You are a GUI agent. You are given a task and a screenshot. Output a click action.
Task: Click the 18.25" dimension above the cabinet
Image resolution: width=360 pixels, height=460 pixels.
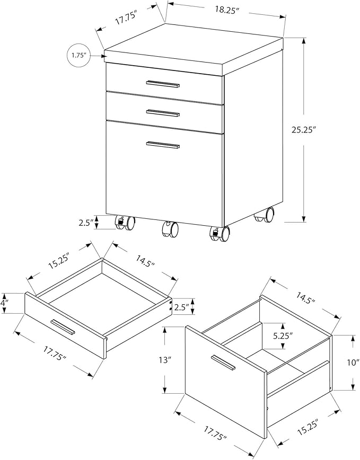tap(227, 10)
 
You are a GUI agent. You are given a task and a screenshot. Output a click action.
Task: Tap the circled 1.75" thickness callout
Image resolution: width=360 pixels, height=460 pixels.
tap(78, 55)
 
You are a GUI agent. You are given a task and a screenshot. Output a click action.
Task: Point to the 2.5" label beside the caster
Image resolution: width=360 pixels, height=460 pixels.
tap(86, 223)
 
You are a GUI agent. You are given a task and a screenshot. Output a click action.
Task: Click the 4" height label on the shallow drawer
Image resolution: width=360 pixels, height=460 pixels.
tap(4, 303)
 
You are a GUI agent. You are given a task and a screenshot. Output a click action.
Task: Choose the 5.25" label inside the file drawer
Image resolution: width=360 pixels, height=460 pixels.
tap(283, 336)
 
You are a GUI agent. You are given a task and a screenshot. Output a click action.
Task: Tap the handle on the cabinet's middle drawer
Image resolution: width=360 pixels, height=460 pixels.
tap(163, 113)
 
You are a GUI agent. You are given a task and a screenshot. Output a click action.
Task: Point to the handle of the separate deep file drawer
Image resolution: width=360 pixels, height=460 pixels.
tap(223, 362)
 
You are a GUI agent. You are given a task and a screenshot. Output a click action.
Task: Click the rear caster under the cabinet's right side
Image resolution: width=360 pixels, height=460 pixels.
tap(264, 215)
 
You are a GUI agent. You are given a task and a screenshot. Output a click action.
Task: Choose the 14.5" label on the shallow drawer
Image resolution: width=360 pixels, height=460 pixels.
tap(145, 261)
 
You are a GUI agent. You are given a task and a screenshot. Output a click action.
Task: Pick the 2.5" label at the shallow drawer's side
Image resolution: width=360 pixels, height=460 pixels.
tap(182, 307)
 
